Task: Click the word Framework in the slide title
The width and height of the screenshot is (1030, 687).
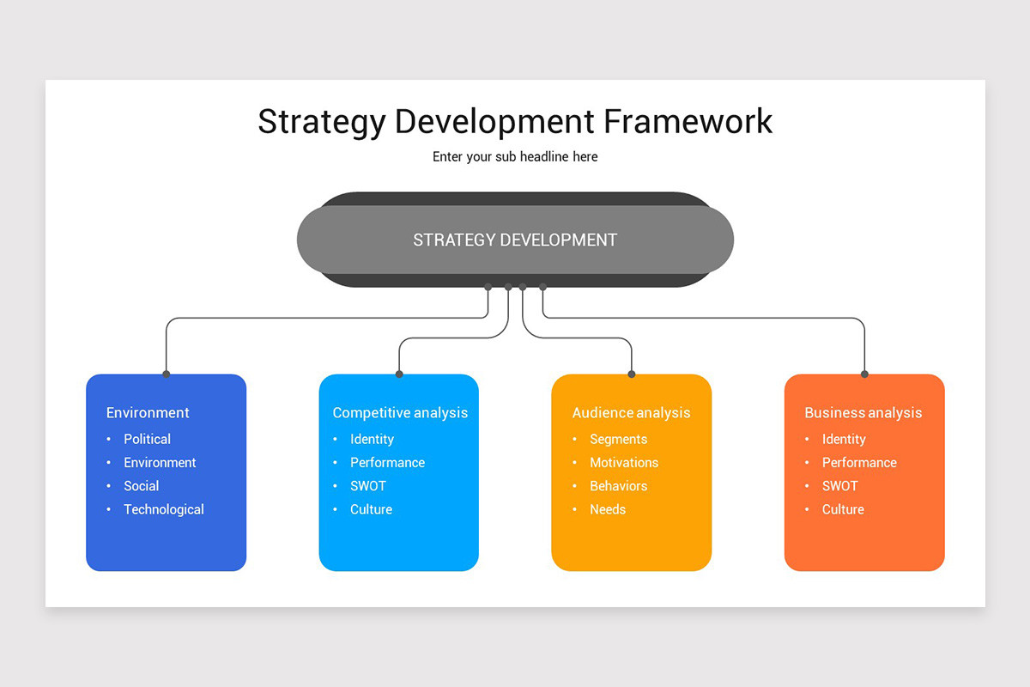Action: pos(688,121)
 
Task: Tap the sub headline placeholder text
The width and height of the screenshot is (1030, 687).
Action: pos(515,157)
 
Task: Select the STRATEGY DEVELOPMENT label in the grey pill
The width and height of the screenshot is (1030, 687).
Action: pos(515,240)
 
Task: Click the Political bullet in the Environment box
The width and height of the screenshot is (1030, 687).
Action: pos(147,439)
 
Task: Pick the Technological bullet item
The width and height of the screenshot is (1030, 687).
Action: pos(163,509)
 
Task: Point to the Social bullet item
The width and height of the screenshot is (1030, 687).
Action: pos(142,486)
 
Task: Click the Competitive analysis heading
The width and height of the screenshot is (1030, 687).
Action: pos(400,413)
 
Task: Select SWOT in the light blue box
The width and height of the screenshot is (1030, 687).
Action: pos(368,486)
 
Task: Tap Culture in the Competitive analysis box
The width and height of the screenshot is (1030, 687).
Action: pos(371,509)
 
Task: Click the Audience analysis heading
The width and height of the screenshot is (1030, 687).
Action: pos(631,413)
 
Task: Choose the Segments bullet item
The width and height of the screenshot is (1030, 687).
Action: pos(618,439)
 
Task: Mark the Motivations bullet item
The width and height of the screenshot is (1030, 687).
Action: pos(624,463)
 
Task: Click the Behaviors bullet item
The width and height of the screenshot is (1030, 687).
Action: pos(618,486)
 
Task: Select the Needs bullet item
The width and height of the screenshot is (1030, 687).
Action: pos(608,509)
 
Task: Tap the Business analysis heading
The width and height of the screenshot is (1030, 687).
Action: pos(863,413)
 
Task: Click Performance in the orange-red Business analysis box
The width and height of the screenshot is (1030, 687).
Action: pos(859,463)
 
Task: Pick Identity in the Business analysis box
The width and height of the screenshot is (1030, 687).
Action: pos(844,439)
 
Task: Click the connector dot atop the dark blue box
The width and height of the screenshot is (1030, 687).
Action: pos(166,374)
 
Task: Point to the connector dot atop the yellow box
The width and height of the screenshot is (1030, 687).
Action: pos(632,374)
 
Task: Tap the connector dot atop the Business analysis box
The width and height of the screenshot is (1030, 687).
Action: pos(864,374)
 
